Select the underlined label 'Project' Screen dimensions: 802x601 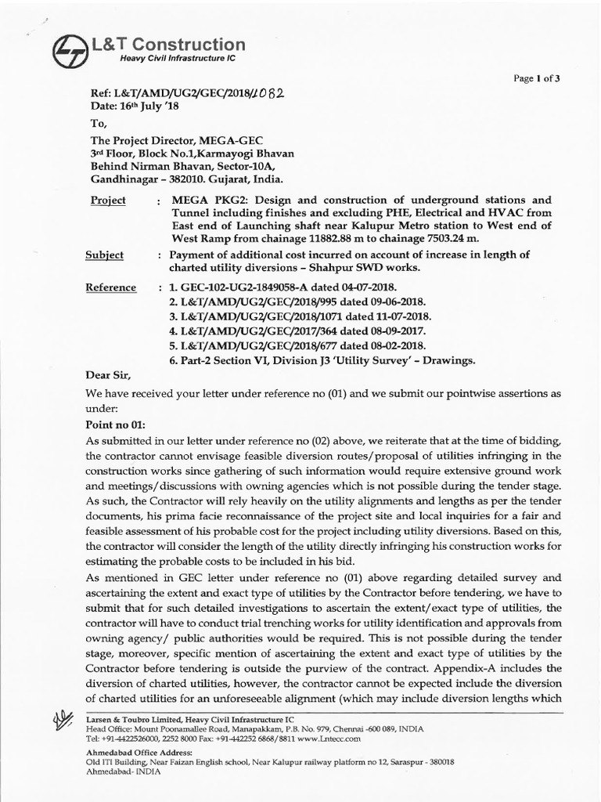(x=108, y=200)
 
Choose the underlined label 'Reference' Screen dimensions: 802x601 (x=113, y=287)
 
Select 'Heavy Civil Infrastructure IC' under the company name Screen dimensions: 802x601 (x=178, y=59)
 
